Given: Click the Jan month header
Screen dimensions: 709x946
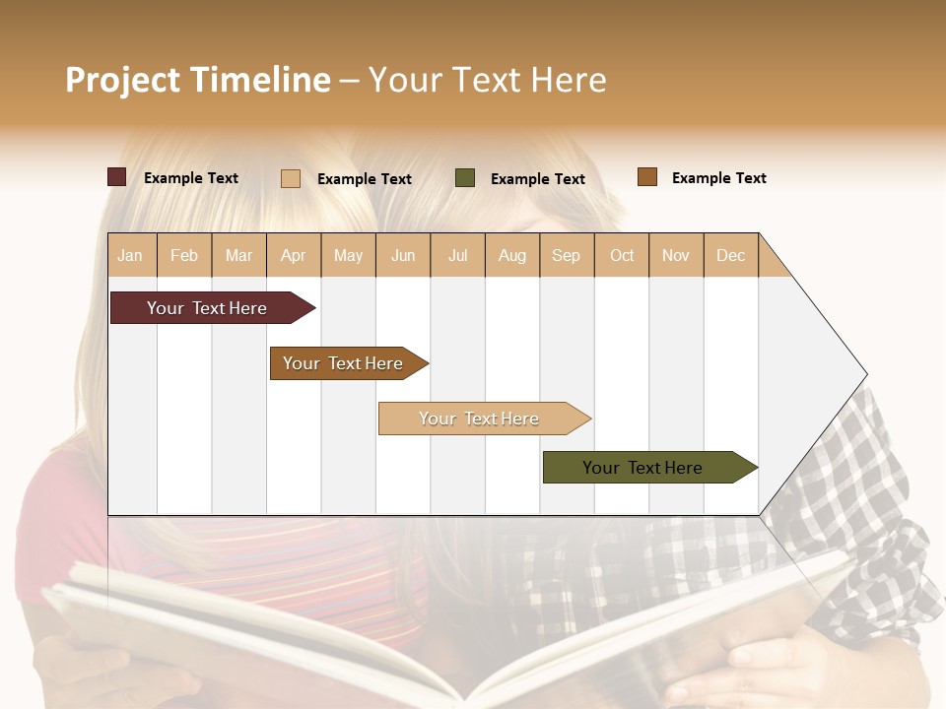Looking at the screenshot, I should click(130, 255).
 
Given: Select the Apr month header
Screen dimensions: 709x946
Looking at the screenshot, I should click(293, 255).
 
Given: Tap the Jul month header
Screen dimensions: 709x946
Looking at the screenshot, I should click(457, 255).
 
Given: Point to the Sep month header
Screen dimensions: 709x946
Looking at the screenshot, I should click(566, 255).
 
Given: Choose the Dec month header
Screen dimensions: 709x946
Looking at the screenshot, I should click(730, 255).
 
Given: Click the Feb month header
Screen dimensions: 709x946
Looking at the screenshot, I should click(184, 255).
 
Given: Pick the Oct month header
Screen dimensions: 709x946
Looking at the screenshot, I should click(622, 255).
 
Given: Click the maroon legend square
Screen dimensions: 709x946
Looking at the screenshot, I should click(117, 177).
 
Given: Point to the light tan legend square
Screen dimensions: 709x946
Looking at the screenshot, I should click(291, 178).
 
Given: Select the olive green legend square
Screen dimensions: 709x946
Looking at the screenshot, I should click(465, 178).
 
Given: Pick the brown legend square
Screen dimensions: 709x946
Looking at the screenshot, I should click(647, 177).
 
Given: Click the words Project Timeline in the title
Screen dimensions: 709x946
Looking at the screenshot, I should click(198, 80).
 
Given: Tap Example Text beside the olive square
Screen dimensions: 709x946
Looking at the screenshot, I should click(537, 179).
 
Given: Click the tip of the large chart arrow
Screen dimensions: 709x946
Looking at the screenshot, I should click(864, 374).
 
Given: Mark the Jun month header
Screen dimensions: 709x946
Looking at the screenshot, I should click(403, 255).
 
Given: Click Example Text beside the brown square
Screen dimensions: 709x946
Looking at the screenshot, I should click(718, 178).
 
